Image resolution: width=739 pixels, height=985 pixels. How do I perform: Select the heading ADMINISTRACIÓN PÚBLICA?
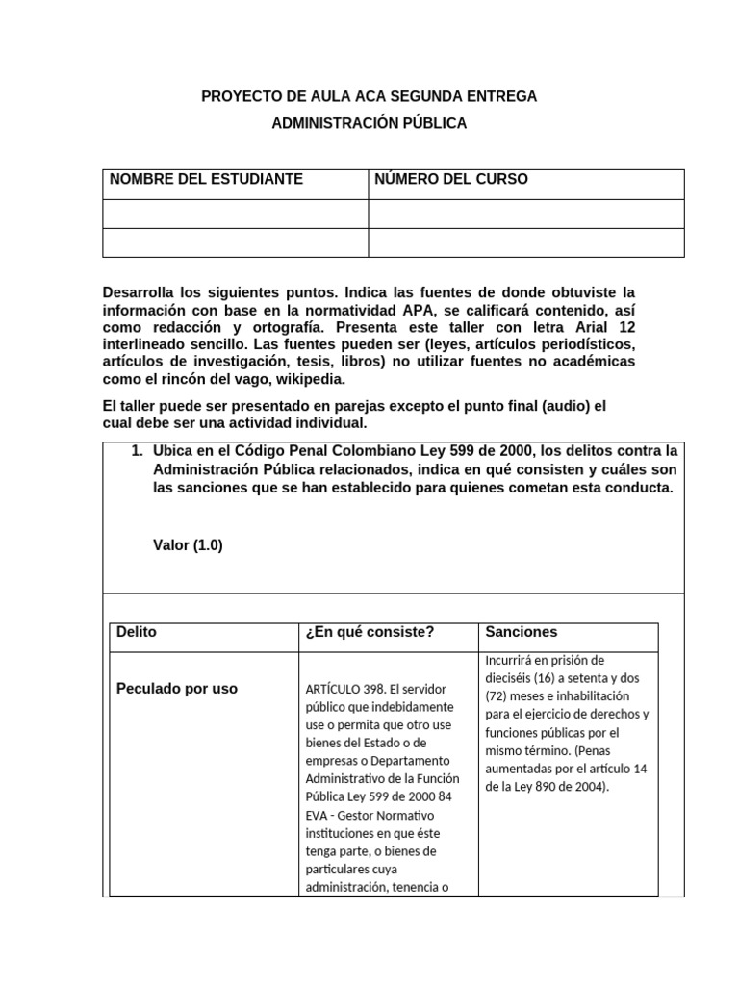369,123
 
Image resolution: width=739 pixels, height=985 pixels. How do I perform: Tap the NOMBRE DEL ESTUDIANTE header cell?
206,179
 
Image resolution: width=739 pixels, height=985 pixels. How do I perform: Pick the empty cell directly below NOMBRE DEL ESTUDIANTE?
235,214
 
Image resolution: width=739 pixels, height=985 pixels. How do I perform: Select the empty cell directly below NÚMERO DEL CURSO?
526,214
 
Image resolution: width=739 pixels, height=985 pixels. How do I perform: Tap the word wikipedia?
283,379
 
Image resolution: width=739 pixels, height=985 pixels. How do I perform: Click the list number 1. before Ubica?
137,450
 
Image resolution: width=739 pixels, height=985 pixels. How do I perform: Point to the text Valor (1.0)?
188,544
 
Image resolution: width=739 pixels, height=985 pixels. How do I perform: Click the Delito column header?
136,632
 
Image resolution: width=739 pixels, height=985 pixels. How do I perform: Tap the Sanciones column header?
521,632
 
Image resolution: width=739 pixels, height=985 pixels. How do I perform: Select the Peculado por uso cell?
176,689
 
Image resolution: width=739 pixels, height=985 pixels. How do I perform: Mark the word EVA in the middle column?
318,815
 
